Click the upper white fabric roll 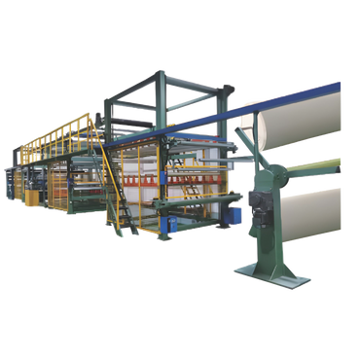point(311,114)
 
